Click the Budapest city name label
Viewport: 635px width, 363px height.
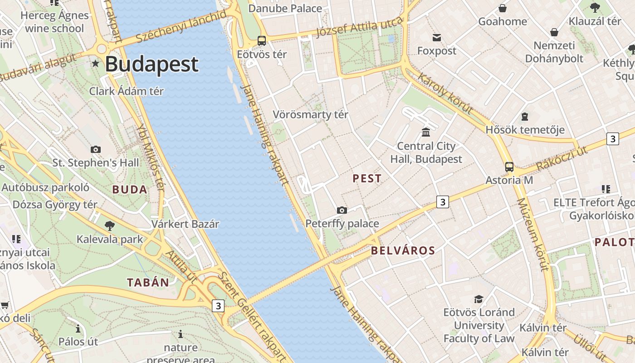click(151, 64)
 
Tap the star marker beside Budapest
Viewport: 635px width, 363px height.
click(95, 63)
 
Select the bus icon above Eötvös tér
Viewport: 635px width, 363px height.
click(262, 41)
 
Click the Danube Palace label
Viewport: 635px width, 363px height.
click(285, 8)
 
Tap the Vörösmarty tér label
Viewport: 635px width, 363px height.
click(310, 114)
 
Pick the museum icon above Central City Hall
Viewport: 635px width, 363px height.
click(426, 132)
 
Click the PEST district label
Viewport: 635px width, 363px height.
click(367, 179)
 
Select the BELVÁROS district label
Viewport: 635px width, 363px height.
click(403, 250)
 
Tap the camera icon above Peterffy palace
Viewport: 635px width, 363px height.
click(342, 210)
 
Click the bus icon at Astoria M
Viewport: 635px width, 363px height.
click(509, 167)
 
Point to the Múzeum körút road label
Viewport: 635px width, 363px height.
click(533, 234)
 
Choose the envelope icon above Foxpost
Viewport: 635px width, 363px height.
click(437, 37)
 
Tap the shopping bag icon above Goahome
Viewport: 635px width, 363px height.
click(503, 8)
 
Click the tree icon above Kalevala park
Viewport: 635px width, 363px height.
click(109, 226)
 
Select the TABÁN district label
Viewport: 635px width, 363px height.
click(148, 283)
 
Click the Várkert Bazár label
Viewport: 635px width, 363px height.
click(185, 224)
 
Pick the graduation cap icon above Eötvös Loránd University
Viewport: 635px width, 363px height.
click(479, 299)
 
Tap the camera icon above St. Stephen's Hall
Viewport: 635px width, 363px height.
click(96, 149)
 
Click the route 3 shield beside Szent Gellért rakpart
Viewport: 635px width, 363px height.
click(218, 306)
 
